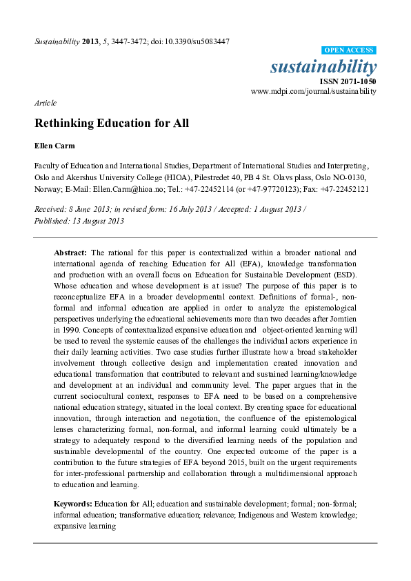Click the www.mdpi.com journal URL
[x=314, y=91]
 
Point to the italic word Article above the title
[x=45, y=103]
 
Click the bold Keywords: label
[x=72, y=504]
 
